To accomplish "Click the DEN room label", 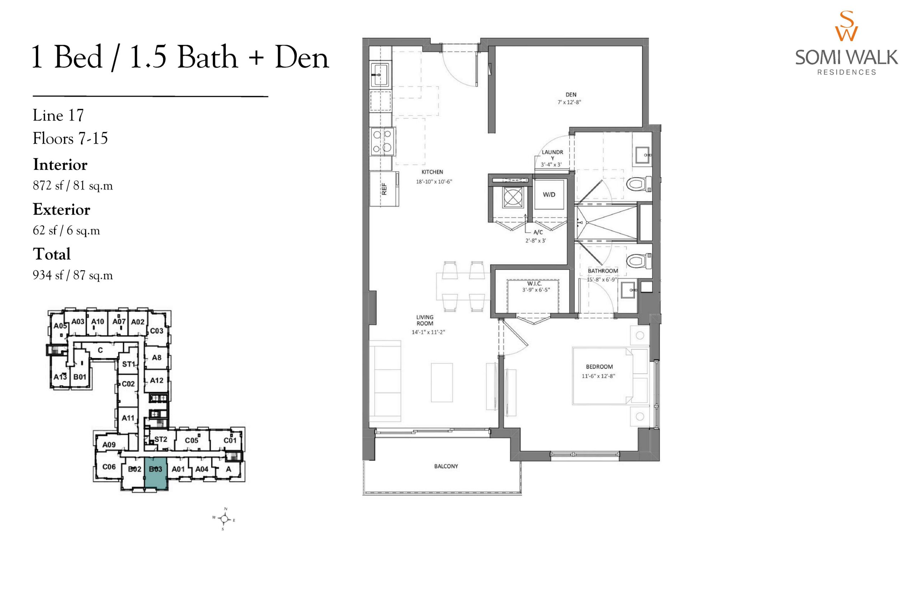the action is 571,94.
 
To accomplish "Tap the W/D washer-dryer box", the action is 549,195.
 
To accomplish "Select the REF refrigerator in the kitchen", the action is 384,189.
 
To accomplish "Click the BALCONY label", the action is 446,466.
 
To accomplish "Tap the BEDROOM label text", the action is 599,366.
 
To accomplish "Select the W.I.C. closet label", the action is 535,283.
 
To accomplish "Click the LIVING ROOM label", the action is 425,320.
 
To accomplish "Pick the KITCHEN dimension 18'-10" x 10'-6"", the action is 434,181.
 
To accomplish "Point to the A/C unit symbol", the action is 513,198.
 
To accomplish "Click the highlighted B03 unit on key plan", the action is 155,474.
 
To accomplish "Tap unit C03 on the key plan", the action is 157,331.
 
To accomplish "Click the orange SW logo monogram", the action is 846,26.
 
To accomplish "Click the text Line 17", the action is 58,115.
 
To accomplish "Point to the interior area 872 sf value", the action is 48,186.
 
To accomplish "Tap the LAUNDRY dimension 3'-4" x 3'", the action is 551,165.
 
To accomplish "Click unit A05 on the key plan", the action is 60,326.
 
